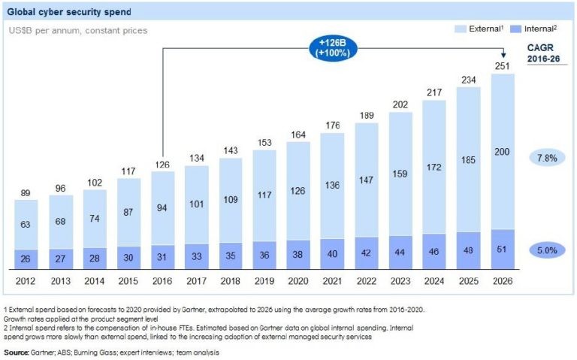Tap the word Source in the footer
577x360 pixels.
[x=17, y=352]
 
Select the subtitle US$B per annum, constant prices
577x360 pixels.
[x=80, y=30]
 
